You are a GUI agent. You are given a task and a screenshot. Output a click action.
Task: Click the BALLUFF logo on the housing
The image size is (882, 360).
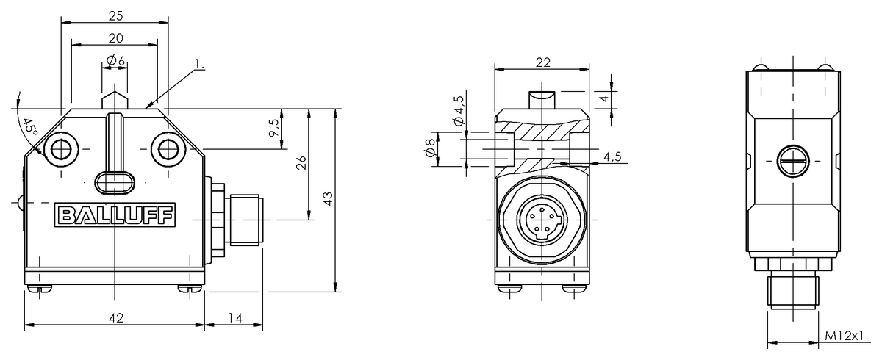pyautogui.click(x=114, y=216)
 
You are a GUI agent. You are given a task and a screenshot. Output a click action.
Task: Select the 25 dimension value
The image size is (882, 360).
pyautogui.click(x=113, y=15)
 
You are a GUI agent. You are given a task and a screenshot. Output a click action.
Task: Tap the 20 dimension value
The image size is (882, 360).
pyautogui.click(x=114, y=37)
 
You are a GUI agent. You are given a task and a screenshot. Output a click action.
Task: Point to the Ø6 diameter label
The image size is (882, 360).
pyautogui.click(x=115, y=60)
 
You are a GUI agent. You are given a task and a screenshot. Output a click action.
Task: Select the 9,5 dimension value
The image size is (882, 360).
pyautogui.click(x=273, y=128)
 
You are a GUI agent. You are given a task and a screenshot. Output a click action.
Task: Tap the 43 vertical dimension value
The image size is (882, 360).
pyautogui.click(x=328, y=198)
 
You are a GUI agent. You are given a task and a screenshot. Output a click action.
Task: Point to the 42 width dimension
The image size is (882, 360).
pyautogui.click(x=115, y=317)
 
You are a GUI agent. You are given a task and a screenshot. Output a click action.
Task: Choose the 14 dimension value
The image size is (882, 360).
pyautogui.click(x=234, y=317)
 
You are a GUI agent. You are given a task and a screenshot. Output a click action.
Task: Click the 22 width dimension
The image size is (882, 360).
pyautogui.click(x=542, y=63)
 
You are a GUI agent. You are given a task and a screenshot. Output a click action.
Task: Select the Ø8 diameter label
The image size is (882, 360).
pyautogui.click(x=431, y=151)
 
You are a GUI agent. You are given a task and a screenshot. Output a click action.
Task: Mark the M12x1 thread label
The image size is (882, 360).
pyautogui.click(x=842, y=336)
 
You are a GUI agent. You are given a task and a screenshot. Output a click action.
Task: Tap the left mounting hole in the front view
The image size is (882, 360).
pyautogui.click(x=60, y=149)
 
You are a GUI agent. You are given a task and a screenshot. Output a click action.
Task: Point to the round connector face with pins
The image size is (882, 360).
pyautogui.click(x=542, y=219)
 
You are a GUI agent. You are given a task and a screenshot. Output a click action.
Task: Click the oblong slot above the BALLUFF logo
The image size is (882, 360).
pyautogui.click(x=114, y=180)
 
